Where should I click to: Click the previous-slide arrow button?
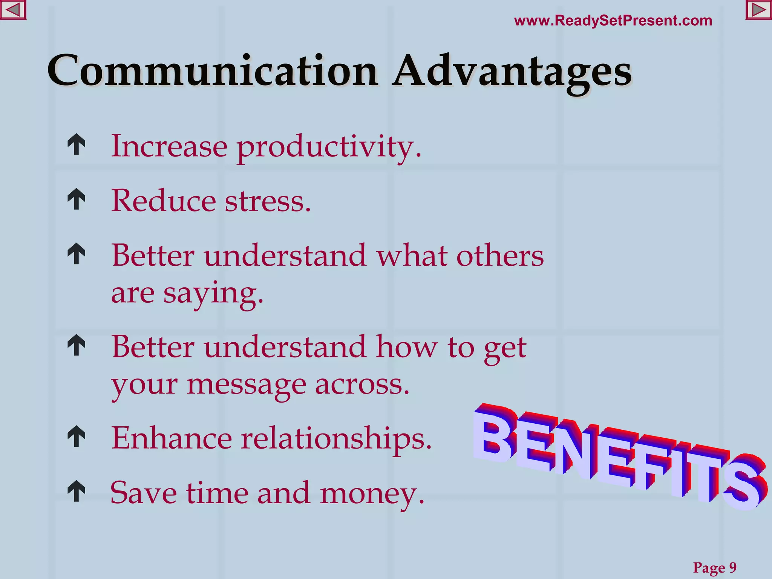(13, 10)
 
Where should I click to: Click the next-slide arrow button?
(758, 10)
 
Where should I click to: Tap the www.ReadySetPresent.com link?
(613, 21)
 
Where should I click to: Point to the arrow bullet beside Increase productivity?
(77, 144)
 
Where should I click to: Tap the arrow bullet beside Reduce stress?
(77, 199)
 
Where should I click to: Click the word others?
(500, 256)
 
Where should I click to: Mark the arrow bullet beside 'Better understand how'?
(77, 345)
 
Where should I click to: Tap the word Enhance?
(172, 438)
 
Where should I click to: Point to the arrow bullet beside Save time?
(77, 491)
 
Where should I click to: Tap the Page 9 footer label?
(715, 567)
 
